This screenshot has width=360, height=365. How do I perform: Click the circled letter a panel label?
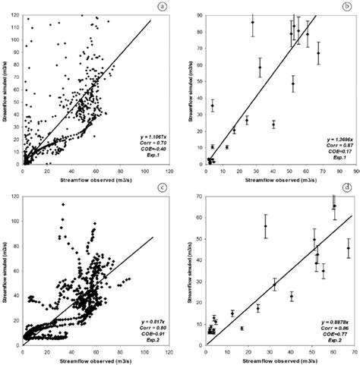[x=161, y=8]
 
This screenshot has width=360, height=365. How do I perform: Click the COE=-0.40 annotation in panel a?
[x=150, y=147]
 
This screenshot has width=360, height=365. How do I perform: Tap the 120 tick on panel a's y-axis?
[x=17, y=14]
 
